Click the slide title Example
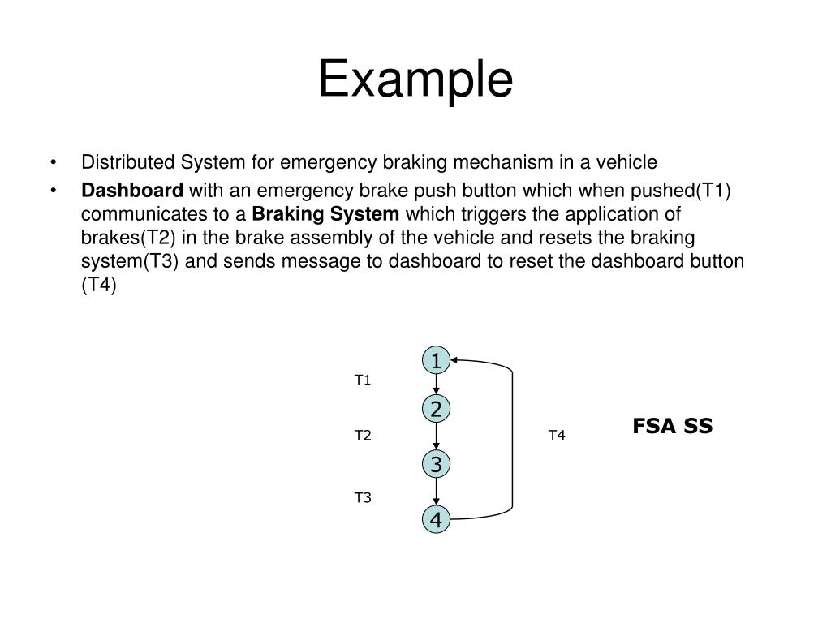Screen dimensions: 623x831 [x=415, y=80]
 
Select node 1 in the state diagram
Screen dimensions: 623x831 [x=437, y=360]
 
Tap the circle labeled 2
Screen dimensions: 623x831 [x=437, y=410]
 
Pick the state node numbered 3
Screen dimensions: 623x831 [x=437, y=465]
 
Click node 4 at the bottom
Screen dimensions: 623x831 [x=437, y=519]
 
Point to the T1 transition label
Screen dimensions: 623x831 [x=362, y=380]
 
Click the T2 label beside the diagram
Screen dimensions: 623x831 [x=362, y=436]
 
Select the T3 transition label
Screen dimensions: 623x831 [x=362, y=497]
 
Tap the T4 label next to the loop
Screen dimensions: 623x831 [x=556, y=436]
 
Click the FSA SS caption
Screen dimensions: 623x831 [x=672, y=426]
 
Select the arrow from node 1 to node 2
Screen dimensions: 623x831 [x=437, y=385]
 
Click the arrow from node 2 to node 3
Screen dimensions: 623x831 [x=437, y=437]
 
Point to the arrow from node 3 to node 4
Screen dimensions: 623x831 [x=437, y=492]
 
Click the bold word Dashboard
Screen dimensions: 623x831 [x=132, y=191]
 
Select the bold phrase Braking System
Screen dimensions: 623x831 [x=326, y=215]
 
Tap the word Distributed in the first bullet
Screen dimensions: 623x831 [x=128, y=162]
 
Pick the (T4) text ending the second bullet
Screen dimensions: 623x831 [x=99, y=286]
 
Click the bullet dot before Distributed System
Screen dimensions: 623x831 [x=54, y=162]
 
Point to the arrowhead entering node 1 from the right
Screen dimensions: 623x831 [x=455, y=359]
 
